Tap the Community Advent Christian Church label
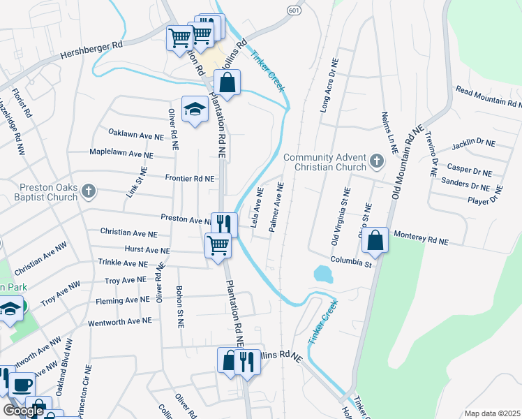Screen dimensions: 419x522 (x=325, y=163)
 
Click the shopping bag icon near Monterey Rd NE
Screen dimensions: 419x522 (x=375, y=241)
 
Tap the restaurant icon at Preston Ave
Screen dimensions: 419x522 (x=224, y=223)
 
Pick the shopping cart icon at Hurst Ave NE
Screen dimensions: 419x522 (x=218, y=245)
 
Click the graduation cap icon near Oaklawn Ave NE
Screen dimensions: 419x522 (x=195, y=108)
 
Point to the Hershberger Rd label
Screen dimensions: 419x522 (x=91, y=49)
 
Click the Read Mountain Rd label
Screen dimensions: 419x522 (x=489, y=96)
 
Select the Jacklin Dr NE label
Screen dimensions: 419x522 (x=473, y=144)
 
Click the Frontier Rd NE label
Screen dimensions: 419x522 (x=189, y=178)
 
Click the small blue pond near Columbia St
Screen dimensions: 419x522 (x=323, y=274)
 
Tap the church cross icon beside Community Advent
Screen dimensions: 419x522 (x=377, y=162)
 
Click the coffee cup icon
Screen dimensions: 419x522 (x=22, y=385)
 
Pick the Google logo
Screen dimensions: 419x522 (x=23, y=410)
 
